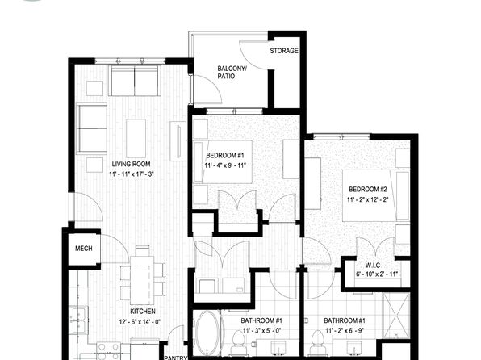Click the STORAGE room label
pos(284,51)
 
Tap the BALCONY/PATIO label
pos(232,72)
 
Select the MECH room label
pos(84,249)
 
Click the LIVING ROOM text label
pos(131,164)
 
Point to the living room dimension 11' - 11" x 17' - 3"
pos(132,174)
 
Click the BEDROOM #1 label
pos(225,155)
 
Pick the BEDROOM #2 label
pos(368,189)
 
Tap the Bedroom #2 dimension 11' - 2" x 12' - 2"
pos(368,199)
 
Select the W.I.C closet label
pos(373,266)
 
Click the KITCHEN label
pos(143,312)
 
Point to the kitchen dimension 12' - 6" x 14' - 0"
pos(140,321)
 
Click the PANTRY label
pos(176,358)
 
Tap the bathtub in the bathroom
pos(207,333)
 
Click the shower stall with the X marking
pos(396,315)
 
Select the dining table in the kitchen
pos(142,280)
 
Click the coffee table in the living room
pos(136,138)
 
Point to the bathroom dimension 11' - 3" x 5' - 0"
pos(262,331)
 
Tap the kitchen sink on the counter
pos(78,320)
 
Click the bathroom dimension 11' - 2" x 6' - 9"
pos(345,331)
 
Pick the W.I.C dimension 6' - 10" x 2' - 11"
pos(377,274)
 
